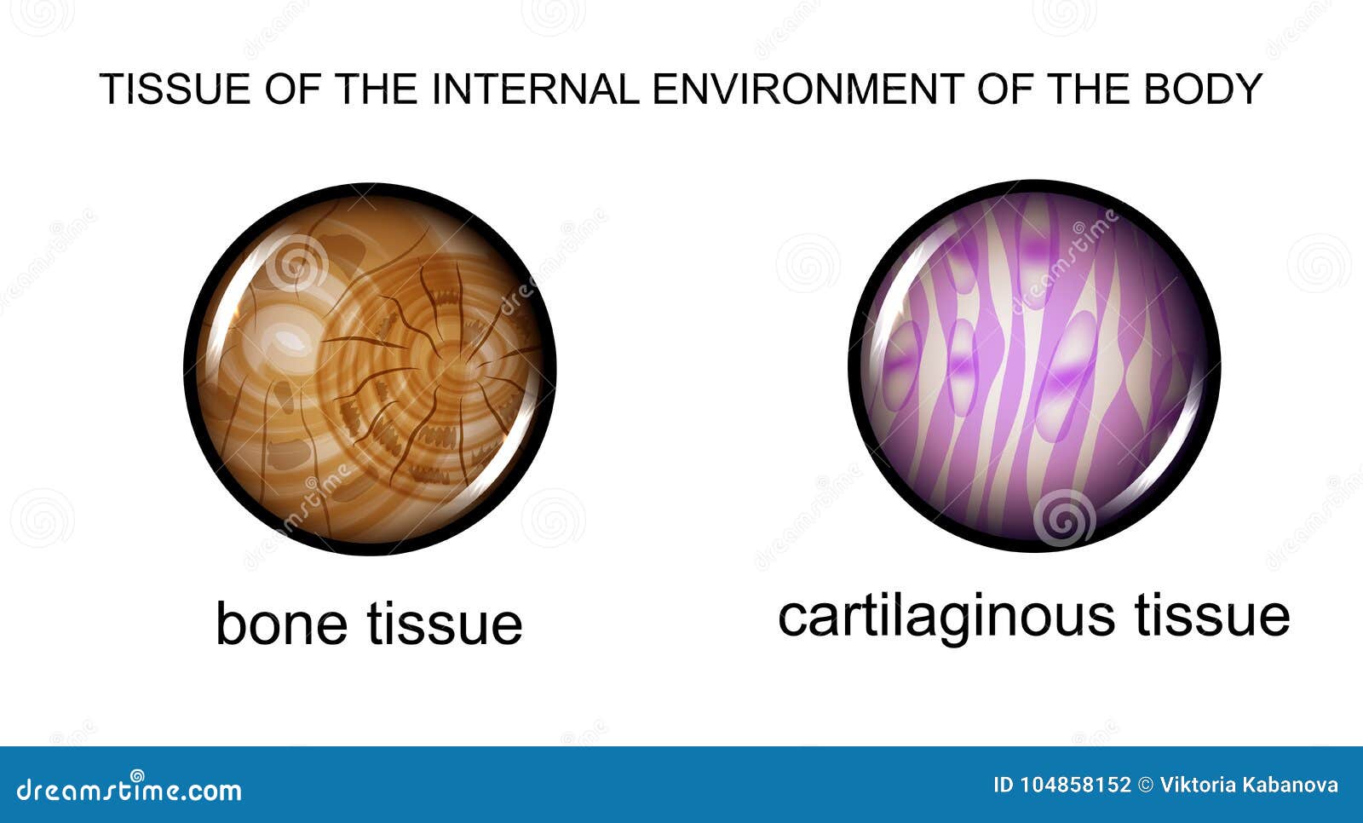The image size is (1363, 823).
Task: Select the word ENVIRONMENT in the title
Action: coord(808,89)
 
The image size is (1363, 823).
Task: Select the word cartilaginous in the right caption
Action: coord(946,615)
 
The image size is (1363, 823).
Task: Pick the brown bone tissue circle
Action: coord(370,369)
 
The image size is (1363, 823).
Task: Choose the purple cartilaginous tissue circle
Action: coord(1034,366)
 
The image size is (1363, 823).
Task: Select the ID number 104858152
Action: coord(1075,786)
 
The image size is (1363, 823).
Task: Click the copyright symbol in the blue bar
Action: coord(1145,786)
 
